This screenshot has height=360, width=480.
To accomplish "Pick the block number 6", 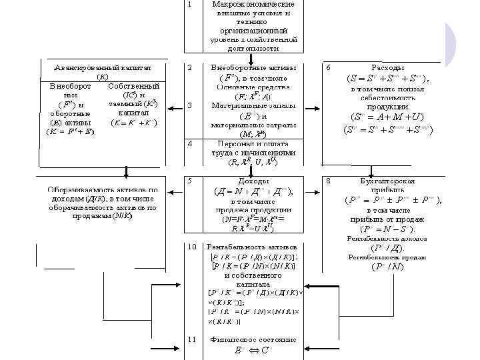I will point(327,68).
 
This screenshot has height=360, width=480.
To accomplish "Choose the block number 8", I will point(327,180).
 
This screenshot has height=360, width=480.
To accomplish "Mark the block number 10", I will point(192,247).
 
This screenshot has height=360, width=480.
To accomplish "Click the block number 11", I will point(192,339).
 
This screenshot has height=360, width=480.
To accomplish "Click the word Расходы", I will point(387,68).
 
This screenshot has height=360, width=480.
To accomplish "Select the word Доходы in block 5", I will point(252,180).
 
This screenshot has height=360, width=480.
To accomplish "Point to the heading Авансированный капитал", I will point(103,68).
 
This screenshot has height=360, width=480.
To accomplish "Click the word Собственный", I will point(133,87).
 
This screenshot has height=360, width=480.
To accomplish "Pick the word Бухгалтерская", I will point(387,180).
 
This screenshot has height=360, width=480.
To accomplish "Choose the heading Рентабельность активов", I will point(252,247).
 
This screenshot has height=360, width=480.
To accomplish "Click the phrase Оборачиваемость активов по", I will point(103,189).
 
